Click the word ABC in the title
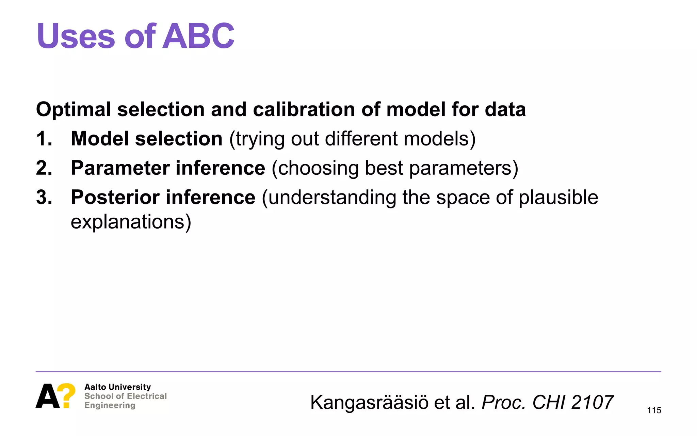[x=198, y=36]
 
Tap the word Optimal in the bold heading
[x=74, y=110]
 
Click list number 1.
[x=44, y=139]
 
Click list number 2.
[x=44, y=168]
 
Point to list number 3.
[x=44, y=198]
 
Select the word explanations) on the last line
[x=131, y=222]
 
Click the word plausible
[x=558, y=198]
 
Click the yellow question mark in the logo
[x=67, y=395]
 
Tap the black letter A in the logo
[x=48, y=396]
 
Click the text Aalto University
[x=117, y=387]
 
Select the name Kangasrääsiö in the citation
[x=369, y=403]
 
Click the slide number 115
[x=654, y=410]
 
